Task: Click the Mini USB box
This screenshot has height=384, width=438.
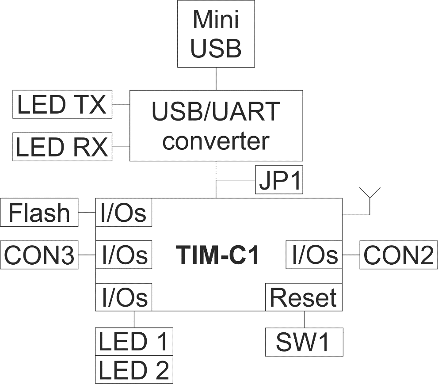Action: point(217,34)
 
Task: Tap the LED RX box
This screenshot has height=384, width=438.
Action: point(61,146)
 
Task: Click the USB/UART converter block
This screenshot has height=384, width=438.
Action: point(216,125)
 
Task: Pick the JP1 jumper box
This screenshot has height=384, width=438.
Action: point(279,180)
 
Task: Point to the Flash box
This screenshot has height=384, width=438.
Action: point(40,213)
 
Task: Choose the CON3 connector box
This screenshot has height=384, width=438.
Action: point(40,255)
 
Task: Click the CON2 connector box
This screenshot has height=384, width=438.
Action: point(398,255)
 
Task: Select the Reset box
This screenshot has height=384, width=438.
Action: point(303,297)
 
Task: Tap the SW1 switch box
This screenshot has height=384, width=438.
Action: point(303,341)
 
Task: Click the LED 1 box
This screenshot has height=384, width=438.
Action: point(134,341)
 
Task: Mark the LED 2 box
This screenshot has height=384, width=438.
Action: point(134,370)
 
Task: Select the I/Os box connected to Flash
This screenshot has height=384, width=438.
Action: point(124,213)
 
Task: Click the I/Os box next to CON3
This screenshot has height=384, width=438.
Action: point(124,255)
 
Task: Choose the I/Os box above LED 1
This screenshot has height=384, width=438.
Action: point(124,297)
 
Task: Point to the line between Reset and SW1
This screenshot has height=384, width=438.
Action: point(304,319)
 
